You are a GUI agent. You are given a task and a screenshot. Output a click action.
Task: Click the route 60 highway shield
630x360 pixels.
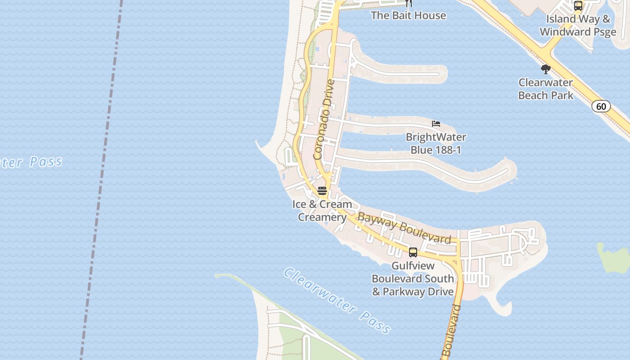(x=601, y=107)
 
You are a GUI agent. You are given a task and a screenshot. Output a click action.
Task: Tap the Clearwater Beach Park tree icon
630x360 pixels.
(x=546, y=69)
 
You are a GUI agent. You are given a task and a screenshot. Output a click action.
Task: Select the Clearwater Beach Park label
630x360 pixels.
(x=545, y=89)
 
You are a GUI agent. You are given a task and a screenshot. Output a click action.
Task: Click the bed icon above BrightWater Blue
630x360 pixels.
(x=436, y=124)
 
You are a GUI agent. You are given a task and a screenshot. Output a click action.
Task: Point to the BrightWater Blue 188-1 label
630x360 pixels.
(x=436, y=143)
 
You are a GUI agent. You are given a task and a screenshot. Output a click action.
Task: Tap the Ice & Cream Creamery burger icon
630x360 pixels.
(x=322, y=191)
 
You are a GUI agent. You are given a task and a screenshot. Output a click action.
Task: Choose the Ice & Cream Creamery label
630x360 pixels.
(x=322, y=211)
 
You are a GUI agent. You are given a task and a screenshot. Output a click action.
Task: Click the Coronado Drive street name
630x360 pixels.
(x=324, y=120)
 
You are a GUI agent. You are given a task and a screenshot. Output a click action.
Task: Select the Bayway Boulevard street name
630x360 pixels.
(x=404, y=228)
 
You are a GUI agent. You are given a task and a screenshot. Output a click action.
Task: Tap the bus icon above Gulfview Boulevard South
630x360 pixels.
(x=413, y=252)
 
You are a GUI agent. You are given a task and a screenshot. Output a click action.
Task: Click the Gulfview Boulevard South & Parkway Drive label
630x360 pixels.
(x=413, y=279)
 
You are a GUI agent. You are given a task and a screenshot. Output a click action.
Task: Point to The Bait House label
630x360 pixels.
(x=408, y=15)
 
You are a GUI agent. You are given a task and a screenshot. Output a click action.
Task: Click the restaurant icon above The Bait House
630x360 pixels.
(x=408, y=3)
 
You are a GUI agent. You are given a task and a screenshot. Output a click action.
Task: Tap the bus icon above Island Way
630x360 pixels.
(x=578, y=6)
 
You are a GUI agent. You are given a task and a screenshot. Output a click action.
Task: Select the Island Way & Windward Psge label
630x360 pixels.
(x=578, y=26)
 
